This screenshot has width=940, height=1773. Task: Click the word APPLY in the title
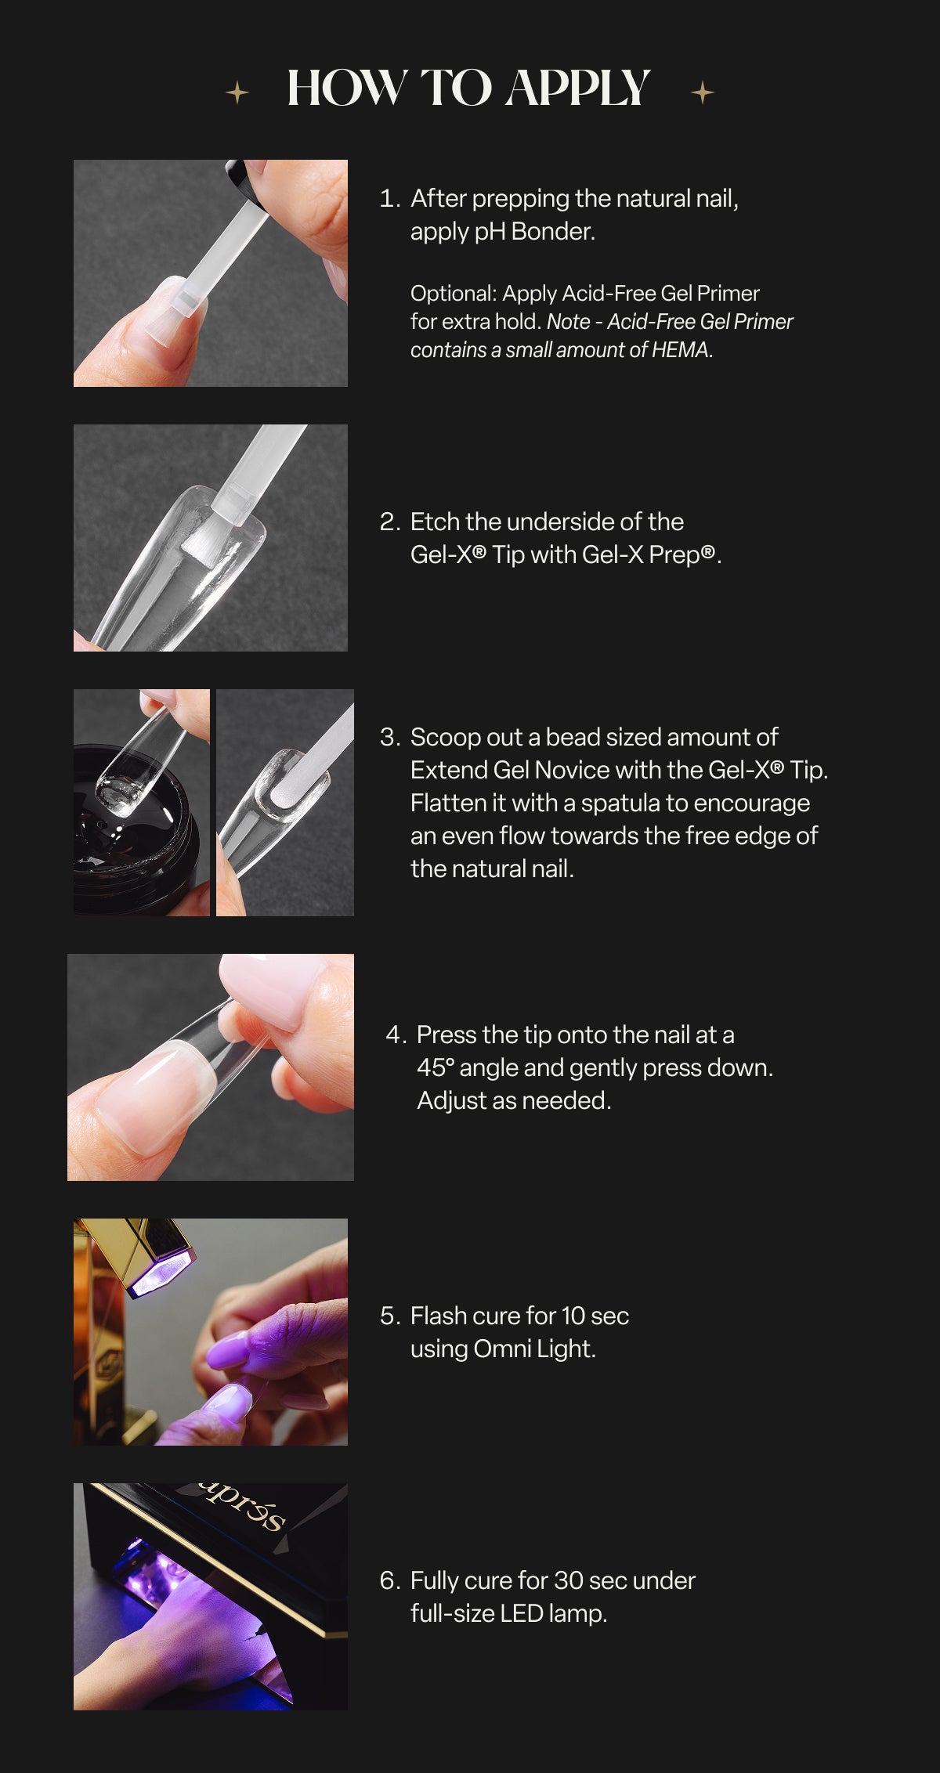tap(577, 87)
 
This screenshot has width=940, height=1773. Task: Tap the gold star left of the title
tap(237, 93)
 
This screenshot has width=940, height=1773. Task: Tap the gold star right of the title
tap(703, 92)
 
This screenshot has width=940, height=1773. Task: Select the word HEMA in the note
tap(680, 350)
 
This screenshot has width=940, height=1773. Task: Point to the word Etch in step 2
tap(435, 522)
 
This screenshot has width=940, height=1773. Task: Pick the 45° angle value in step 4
tap(435, 1067)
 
